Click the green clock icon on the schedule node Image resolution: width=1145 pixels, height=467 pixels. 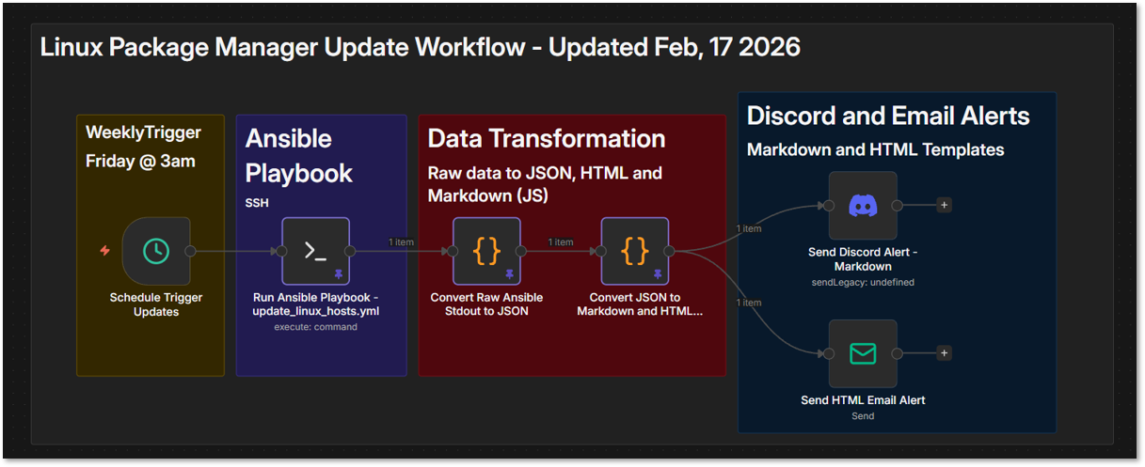pos(156,251)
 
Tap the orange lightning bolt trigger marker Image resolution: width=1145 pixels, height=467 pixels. pos(105,251)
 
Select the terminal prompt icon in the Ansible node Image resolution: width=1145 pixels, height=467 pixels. pos(315,251)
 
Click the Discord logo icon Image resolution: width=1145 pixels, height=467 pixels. pos(863,205)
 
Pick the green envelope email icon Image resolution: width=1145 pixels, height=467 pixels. pos(863,353)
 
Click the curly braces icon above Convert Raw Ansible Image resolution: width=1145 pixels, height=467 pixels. pos(486,251)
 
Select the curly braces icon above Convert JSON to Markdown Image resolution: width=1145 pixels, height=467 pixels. pos(635,251)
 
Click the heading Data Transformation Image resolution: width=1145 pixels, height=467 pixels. pos(546,138)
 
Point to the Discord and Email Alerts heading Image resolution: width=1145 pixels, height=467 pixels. pos(887,116)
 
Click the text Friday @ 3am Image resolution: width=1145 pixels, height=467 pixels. pos(140,161)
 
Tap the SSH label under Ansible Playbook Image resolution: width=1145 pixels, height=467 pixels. pos(258,203)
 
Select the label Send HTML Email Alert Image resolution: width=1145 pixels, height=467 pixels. pos(863,399)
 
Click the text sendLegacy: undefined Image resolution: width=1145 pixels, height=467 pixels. pos(863,282)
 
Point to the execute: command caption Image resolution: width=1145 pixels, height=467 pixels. pos(315,327)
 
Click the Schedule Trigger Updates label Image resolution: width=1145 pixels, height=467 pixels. pos(156,304)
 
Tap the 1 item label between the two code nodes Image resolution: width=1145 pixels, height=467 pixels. pos(561,242)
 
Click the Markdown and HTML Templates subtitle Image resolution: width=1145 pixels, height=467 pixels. pos(875,149)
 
